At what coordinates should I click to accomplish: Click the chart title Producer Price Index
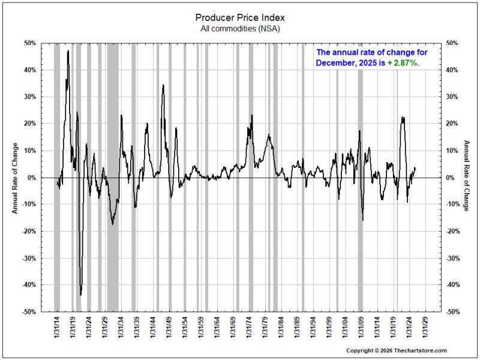pos(240,18)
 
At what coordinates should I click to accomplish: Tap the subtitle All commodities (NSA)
pos(240,29)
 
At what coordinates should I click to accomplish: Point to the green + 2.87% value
pos(403,63)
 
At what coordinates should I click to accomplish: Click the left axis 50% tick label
pos(30,43)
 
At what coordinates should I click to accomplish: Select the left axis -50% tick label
pos(29,311)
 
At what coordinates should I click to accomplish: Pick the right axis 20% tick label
pos(452,124)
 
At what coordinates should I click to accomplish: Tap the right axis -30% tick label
pos(453,258)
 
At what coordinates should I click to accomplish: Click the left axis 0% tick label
pos(32,178)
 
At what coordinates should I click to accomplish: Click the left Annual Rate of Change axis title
pos(15,178)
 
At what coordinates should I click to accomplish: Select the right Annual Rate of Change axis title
pos(466,176)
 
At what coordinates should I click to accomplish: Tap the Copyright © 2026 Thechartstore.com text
pos(397,350)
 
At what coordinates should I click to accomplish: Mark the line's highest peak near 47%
pos(68,51)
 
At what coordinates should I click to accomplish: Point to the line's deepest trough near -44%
pos(81,295)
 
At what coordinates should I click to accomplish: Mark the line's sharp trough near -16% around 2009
pos(363,220)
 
